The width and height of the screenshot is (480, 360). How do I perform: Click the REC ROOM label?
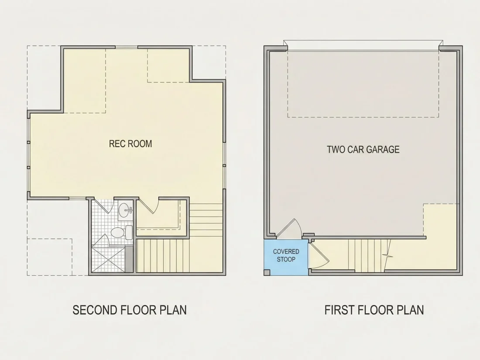[x=130, y=144]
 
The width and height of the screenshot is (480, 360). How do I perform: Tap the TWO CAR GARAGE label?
[x=363, y=149]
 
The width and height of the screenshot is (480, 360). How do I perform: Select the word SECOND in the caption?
[x=95, y=310]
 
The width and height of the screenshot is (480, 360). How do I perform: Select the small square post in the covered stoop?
[x=267, y=272]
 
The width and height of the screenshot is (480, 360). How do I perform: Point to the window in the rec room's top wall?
[x=126, y=47]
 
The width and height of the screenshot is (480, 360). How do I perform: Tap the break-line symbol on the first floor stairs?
[x=388, y=255]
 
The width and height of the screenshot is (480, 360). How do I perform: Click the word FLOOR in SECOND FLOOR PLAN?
[x=138, y=310]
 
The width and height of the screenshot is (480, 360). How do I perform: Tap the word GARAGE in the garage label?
[x=383, y=149]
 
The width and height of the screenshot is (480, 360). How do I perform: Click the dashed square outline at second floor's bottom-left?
[x=50, y=257]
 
